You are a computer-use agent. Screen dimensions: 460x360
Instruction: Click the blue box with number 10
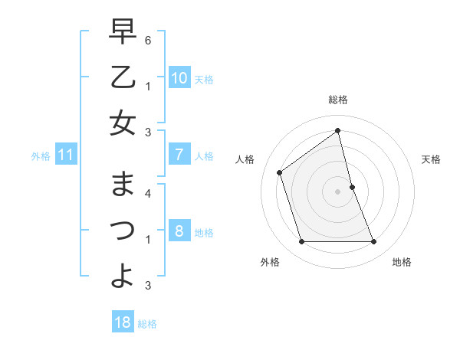179,78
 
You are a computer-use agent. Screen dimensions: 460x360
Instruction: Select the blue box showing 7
179,155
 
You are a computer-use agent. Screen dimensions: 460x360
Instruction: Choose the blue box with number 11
66,155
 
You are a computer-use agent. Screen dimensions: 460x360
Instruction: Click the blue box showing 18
123,322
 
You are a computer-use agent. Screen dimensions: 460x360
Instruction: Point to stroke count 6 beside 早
147,40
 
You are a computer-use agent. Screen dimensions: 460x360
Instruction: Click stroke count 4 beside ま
147,193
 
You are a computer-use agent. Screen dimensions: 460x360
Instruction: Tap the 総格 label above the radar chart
337,100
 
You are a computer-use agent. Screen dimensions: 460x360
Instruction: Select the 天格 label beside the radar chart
431,159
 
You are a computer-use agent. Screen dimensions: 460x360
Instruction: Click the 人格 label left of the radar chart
245,159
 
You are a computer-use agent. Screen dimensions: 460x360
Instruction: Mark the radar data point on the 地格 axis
373,242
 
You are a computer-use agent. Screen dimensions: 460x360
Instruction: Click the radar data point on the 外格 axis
301,242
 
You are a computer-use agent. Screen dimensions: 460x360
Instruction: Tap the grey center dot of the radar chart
337,191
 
